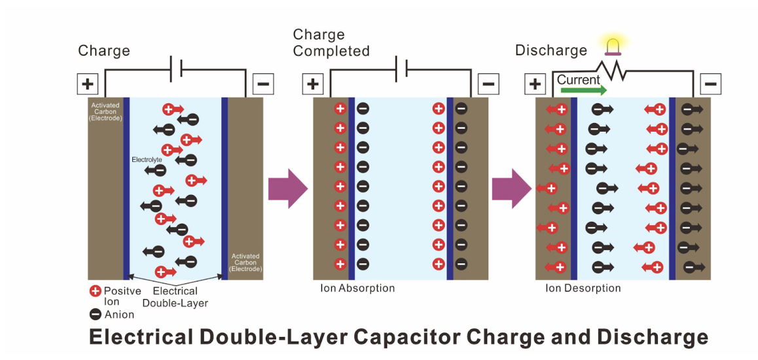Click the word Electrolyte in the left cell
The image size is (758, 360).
point(147,158)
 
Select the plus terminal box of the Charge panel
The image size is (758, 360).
point(88,84)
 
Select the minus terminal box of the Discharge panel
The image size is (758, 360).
point(711,84)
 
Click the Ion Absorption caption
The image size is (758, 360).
point(357,289)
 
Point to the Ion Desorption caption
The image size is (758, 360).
point(583,289)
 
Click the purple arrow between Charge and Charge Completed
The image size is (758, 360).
point(287,189)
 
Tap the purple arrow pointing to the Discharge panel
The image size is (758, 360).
point(512,189)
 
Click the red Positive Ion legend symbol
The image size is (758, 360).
point(95,291)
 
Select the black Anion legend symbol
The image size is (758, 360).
point(95,315)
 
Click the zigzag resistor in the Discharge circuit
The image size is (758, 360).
point(611,71)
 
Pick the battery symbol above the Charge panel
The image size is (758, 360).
point(176,67)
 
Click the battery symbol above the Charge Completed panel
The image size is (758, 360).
point(401,67)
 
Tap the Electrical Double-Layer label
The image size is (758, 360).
point(175,297)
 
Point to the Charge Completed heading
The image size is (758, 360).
point(331,43)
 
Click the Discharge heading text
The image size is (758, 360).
point(551,50)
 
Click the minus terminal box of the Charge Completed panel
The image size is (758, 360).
point(488,84)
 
